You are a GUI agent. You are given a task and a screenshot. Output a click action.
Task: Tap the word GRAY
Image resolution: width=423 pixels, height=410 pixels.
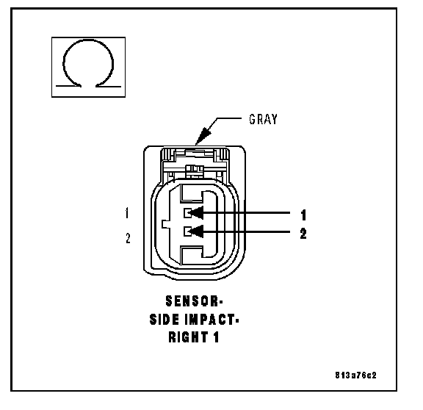[263, 119]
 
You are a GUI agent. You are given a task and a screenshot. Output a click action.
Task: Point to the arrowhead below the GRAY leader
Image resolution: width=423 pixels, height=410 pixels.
[203, 135]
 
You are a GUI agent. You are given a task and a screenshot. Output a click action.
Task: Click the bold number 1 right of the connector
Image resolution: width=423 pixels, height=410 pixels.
[303, 215]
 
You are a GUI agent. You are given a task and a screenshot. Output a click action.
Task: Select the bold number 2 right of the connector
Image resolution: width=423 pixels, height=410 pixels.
[303, 234]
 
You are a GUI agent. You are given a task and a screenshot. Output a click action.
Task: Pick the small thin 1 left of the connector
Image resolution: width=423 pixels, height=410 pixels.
[127, 212]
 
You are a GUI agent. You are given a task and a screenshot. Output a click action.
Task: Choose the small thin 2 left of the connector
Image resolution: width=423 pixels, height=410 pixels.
[128, 238]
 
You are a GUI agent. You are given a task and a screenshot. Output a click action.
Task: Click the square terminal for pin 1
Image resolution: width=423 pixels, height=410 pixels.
[187, 213]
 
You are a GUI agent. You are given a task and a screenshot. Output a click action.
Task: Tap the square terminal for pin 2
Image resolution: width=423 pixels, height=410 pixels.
[187, 231]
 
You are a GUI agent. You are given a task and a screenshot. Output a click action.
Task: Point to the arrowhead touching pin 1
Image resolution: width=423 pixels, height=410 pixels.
[196, 212]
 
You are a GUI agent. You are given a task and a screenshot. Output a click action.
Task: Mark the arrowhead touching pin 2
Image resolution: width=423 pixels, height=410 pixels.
[196, 231]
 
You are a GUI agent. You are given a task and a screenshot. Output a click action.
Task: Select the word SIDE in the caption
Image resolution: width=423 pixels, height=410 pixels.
[164, 320]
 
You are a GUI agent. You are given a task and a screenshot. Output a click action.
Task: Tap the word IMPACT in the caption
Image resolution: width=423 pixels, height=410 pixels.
[209, 320]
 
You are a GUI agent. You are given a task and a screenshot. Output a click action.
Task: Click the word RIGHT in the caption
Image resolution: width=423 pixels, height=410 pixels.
[188, 337]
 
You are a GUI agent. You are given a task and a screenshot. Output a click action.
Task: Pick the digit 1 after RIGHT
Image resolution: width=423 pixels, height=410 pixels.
[216, 337]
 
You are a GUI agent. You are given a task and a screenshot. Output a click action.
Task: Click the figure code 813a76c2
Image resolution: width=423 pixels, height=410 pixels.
[355, 375]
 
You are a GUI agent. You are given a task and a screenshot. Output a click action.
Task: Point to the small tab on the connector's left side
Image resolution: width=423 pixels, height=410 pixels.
[165, 224]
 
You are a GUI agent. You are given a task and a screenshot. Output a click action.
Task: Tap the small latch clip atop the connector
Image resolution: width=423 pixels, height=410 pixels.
[194, 169]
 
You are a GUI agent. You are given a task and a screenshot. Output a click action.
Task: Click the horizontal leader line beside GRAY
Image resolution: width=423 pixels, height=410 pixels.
[229, 118]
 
